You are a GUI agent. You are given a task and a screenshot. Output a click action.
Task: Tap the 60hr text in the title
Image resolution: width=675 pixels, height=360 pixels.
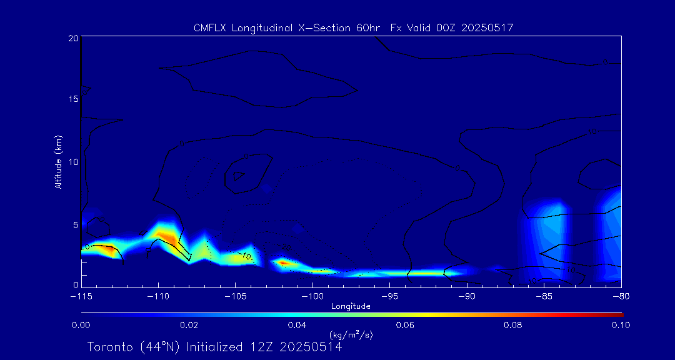[x=368, y=28]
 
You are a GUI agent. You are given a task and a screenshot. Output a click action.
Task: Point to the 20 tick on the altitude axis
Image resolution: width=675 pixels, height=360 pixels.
[x=73, y=38]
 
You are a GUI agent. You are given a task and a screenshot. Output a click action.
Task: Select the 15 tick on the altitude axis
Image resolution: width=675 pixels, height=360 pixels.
[x=72, y=99]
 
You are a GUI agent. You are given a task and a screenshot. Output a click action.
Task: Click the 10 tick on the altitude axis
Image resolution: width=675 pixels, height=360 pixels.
[x=72, y=162]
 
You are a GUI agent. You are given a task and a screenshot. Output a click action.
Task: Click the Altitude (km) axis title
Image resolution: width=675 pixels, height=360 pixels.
[x=59, y=162]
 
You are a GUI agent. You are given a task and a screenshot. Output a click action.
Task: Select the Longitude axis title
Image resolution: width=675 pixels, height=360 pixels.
[x=351, y=306]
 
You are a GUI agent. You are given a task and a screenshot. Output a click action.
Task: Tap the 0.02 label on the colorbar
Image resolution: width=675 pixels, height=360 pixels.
[x=189, y=325]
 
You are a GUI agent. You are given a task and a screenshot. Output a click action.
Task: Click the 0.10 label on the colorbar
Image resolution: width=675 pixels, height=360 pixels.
[x=621, y=325]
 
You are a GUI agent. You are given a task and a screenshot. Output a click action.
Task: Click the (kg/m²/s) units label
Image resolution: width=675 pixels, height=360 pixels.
[x=351, y=335]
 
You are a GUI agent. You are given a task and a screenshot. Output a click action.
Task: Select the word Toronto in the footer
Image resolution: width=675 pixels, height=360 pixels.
[x=110, y=347]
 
